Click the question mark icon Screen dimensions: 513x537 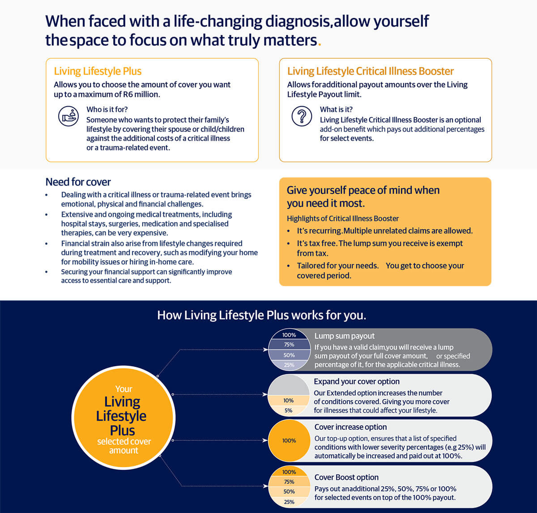[302, 116]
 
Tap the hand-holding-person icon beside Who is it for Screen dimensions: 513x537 [68, 116]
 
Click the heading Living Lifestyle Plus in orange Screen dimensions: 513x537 [98, 71]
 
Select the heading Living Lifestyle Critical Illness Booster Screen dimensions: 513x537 [370, 71]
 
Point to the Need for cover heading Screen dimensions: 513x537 [78, 182]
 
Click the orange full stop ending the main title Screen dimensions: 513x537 [319, 43]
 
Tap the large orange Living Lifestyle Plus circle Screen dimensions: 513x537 [123, 417]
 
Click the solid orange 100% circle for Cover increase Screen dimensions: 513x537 [289, 440]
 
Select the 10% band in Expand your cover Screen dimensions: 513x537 [289, 401]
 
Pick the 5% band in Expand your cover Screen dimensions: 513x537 [289, 410]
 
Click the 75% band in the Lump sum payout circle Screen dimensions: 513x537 [289, 345]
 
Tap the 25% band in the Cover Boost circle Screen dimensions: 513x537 [289, 502]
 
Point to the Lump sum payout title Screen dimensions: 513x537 [344, 336]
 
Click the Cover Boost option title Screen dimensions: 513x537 [346, 477]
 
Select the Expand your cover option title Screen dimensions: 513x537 [357, 382]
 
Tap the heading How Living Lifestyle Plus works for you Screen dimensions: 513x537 [262, 315]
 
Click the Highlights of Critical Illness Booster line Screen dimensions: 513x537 [342, 219]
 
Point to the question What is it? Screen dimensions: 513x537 [336, 109]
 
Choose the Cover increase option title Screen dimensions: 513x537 [350, 427]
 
